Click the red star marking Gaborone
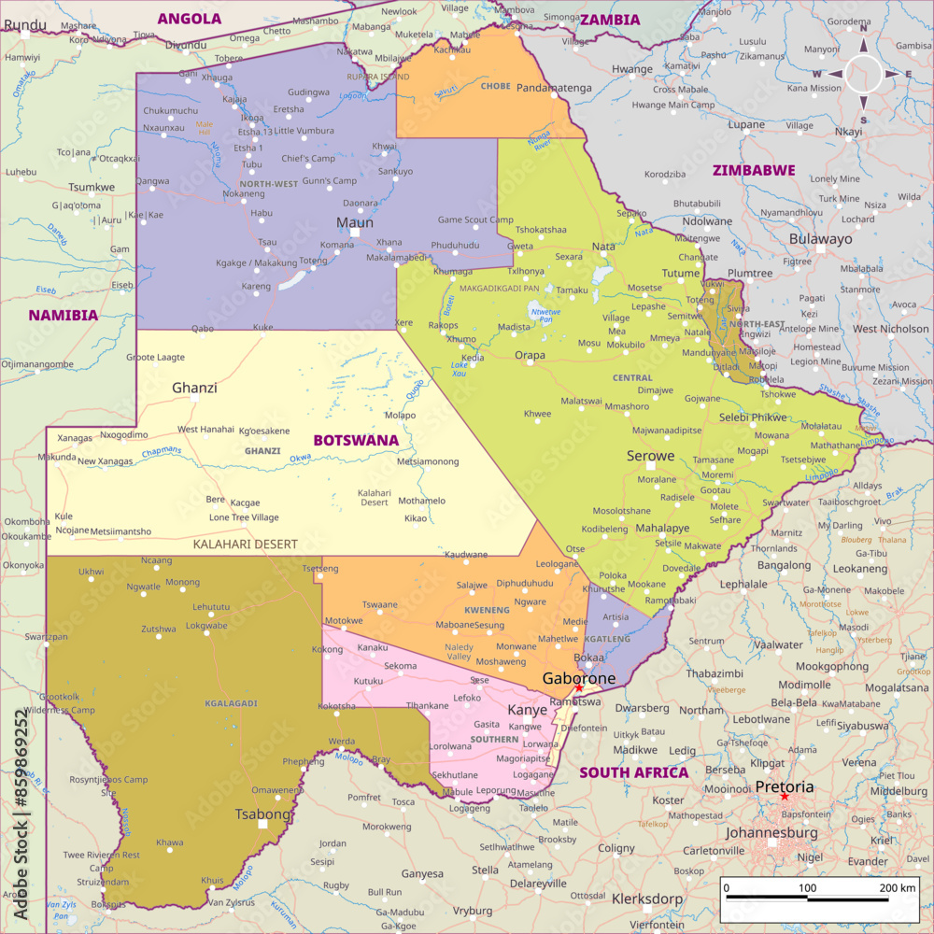pos(578,688)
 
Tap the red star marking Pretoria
pos(785,797)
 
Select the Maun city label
pos(355,222)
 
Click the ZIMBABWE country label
pos(754,170)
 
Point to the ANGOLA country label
pos(190,18)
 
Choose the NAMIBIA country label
pos(63,315)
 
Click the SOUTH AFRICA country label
pos(633,772)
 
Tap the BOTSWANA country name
pos(355,440)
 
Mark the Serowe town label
pos(650,456)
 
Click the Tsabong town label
pos(263,814)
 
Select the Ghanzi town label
pos(194,387)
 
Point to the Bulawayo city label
pos(821,238)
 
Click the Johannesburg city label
pos(771,832)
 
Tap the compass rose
pos(863,74)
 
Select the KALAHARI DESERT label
pos(245,544)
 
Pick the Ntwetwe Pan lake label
pos(547,315)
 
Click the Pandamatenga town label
pos(554,88)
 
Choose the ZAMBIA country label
pos(610,20)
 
